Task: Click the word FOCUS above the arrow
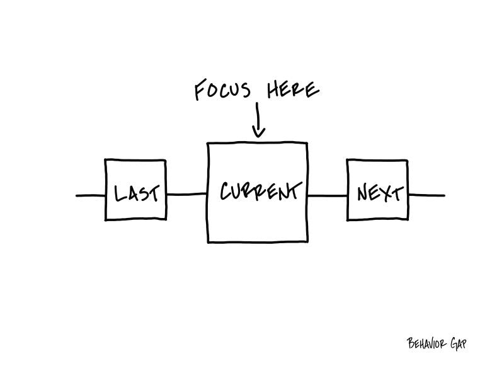tap(222, 91)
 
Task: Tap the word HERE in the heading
tap(293, 90)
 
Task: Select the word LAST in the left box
tap(137, 193)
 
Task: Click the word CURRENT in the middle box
tap(258, 191)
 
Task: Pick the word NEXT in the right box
tap(378, 193)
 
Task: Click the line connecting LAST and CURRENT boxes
tap(187, 194)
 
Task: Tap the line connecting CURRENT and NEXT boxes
tap(327, 195)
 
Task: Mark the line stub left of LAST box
tap(91, 195)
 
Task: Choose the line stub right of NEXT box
tap(427, 195)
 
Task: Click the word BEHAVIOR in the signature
tap(428, 344)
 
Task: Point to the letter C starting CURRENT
tap(225, 192)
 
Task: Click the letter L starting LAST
tap(118, 193)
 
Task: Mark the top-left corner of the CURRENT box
tap(208, 144)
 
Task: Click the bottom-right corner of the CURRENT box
tap(307, 241)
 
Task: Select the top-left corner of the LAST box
tap(105, 161)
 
